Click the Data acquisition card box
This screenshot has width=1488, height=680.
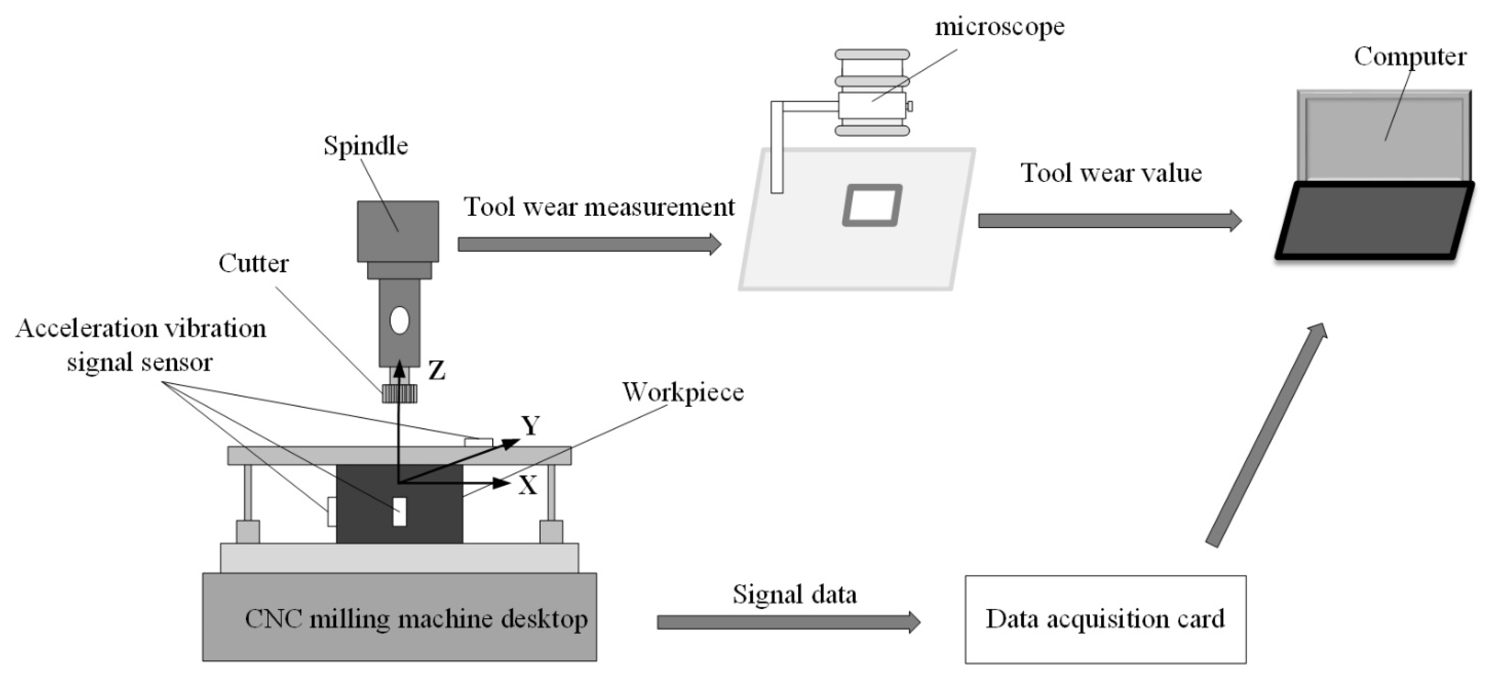[x=1105, y=619]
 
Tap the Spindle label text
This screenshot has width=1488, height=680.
[x=366, y=145]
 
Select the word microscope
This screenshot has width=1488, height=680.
[x=999, y=26]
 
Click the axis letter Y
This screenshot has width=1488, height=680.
[x=530, y=426]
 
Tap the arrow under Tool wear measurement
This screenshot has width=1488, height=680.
[x=589, y=244]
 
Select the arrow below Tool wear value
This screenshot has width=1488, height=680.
[x=1109, y=220]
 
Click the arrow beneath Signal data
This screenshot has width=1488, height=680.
[x=788, y=622]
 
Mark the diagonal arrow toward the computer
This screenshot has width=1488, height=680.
[x=1265, y=436]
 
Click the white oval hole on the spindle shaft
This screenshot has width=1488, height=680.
[x=399, y=321]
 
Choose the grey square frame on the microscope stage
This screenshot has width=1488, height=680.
[x=871, y=205]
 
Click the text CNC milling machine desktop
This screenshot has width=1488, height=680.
[x=416, y=619]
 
